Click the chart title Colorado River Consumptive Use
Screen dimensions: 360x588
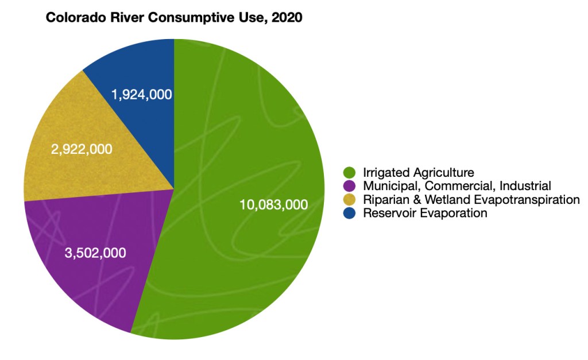[174, 18]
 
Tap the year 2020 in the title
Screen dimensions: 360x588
[288, 18]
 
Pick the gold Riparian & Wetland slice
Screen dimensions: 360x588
[75, 172]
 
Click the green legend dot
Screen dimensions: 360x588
[349, 172]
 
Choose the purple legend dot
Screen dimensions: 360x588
[349, 186]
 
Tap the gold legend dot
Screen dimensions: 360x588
[349, 200]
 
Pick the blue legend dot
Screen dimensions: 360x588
[349, 214]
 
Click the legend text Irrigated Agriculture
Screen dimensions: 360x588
[418, 172]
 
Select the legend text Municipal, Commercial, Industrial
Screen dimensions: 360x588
[457, 186]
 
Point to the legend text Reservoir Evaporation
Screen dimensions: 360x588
[425, 214]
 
